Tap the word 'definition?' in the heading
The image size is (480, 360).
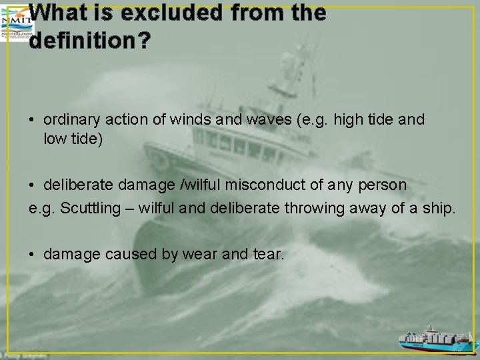(x=90, y=41)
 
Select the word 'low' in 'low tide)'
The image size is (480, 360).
(x=54, y=140)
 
